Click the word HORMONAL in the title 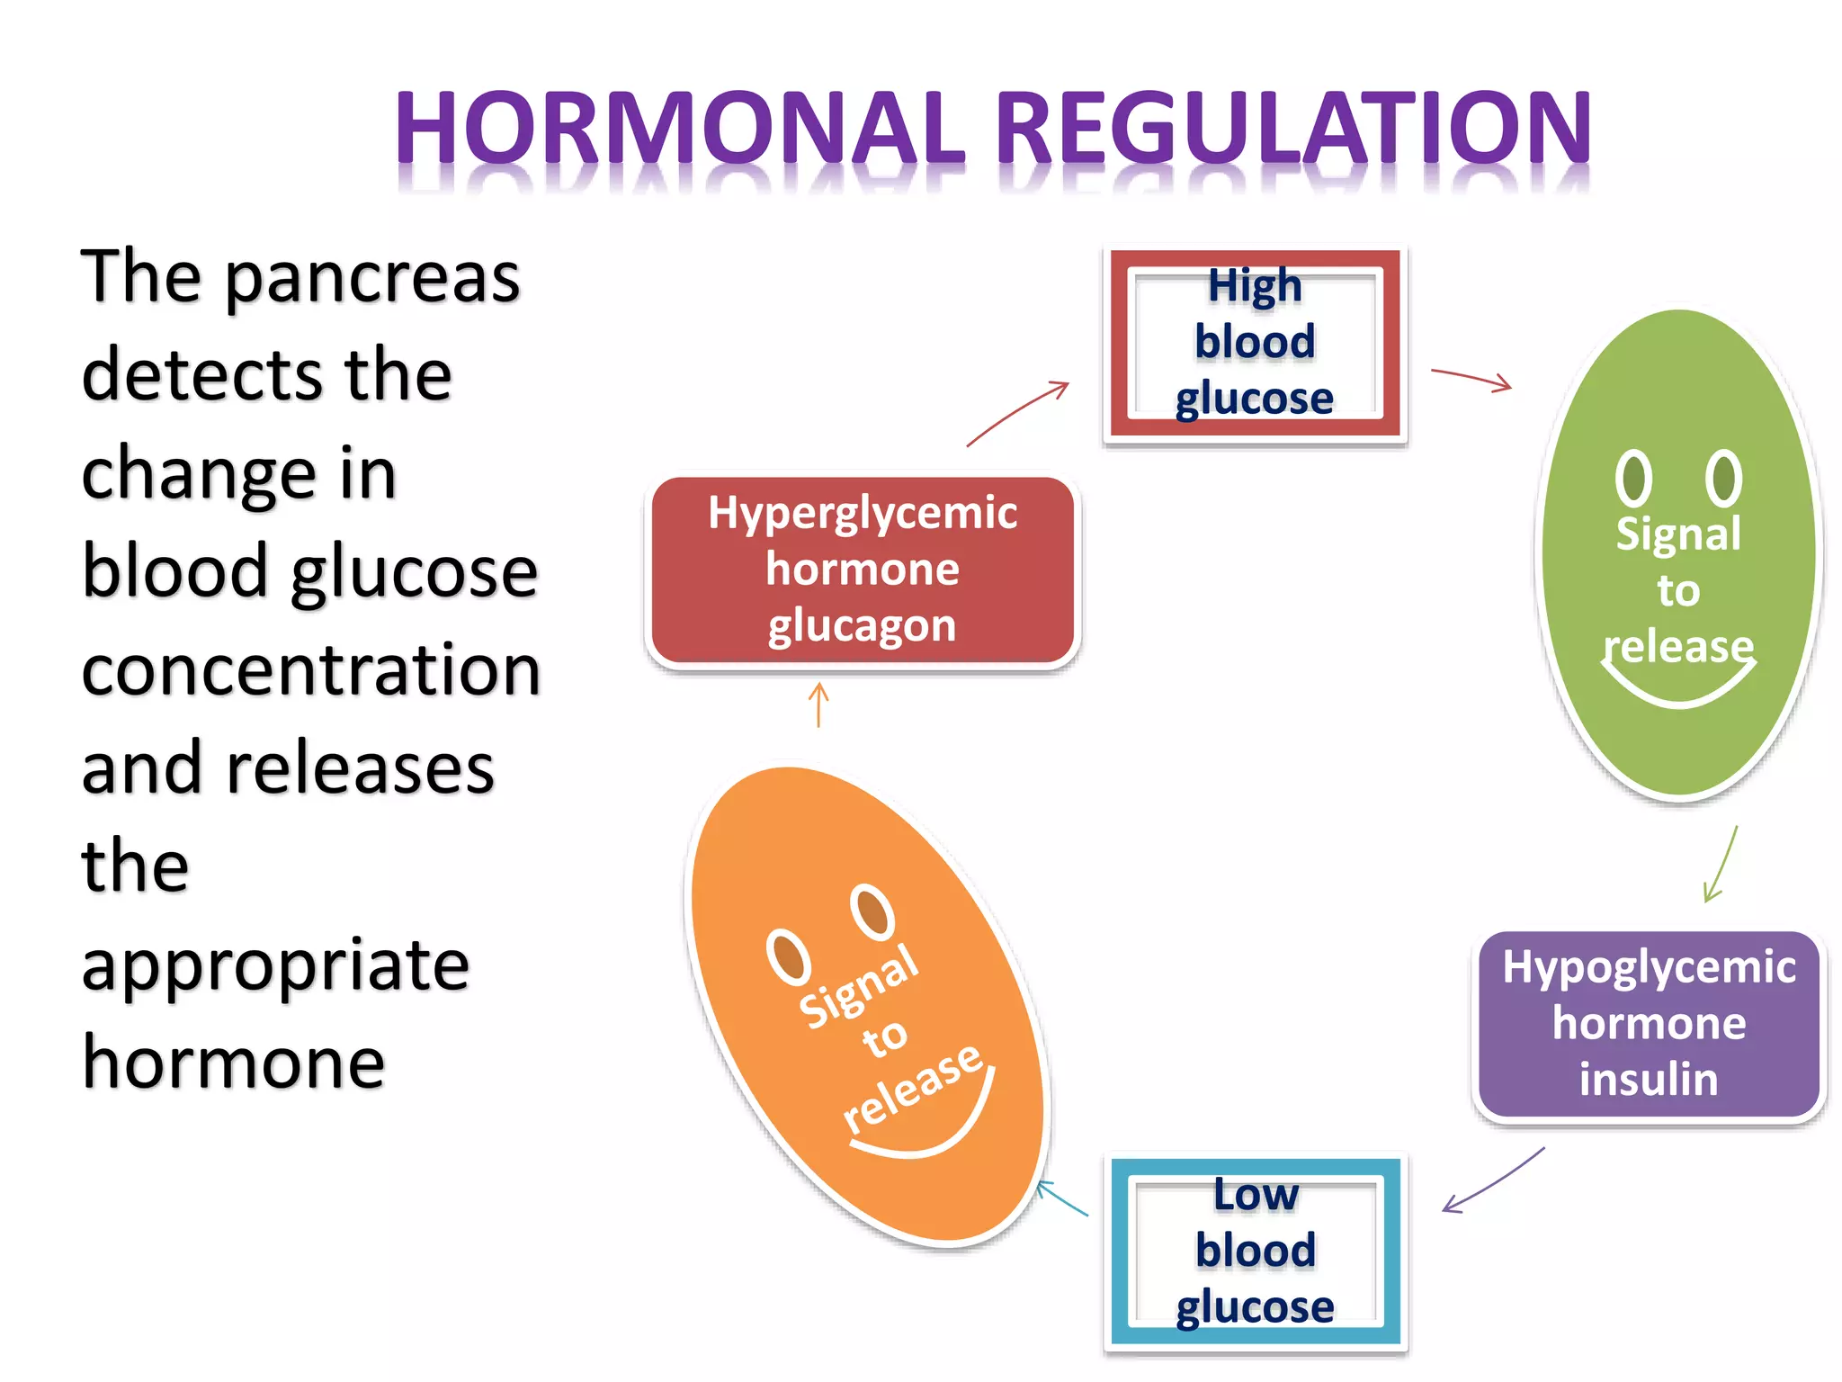coord(679,128)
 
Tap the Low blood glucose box coord(1255,1251)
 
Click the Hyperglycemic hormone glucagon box coord(863,570)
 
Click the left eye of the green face coord(1633,477)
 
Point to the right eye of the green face coord(1723,477)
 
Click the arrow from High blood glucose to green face coord(1471,379)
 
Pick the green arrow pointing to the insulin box coord(1720,865)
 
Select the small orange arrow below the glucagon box coord(818,704)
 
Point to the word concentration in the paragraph coord(311,670)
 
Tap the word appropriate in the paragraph coord(275,965)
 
